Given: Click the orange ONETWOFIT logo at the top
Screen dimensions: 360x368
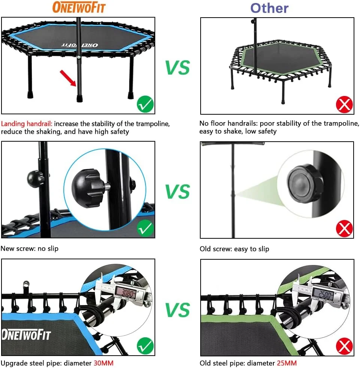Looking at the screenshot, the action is click(x=79, y=7).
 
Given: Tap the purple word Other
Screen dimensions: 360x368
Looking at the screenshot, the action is click(x=269, y=8).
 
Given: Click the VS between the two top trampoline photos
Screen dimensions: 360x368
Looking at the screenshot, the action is click(x=177, y=67).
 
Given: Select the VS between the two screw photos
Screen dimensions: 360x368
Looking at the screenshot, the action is click(x=177, y=191).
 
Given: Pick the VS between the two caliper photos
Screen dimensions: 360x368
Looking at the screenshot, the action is click(x=177, y=310).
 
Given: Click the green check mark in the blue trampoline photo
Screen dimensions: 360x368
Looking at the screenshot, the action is click(x=145, y=104).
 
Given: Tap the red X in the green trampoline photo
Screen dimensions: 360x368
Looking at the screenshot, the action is click(x=345, y=104).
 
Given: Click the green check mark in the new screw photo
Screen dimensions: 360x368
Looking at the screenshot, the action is click(x=145, y=228).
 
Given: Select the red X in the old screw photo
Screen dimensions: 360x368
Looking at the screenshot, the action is click(x=345, y=228).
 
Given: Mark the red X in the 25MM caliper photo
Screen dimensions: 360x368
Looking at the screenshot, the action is click(x=345, y=346).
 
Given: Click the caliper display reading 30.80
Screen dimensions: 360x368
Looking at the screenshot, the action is click(x=126, y=293).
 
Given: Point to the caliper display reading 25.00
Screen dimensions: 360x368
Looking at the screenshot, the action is click(x=323, y=294).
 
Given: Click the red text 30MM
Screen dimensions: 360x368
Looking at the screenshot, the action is click(x=103, y=363).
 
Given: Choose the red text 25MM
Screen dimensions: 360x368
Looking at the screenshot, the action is click(x=287, y=363).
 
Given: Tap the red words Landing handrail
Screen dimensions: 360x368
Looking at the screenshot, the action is click(x=27, y=124).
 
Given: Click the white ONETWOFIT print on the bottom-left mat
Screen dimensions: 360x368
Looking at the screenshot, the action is click(x=26, y=334).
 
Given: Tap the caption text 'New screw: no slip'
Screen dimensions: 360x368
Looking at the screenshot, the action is click(x=30, y=248).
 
